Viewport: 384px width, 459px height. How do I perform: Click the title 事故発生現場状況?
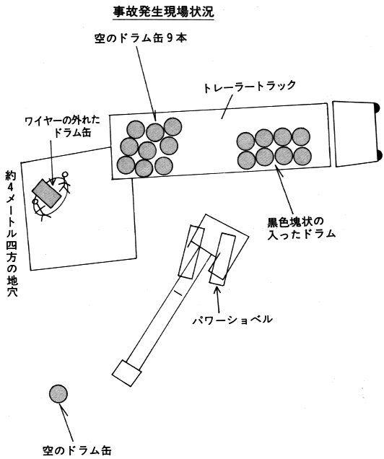click(x=164, y=12)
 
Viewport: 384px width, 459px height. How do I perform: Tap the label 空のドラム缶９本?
click(x=141, y=38)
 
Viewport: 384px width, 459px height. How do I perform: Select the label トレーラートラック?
click(x=250, y=87)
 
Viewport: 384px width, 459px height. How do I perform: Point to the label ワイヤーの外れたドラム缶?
click(x=63, y=126)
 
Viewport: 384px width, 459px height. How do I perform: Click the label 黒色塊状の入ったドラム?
click(x=301, y=228)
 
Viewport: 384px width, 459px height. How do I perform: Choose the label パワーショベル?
click(x=232, y=319)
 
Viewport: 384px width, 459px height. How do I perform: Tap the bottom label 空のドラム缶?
click(x=77, y=450)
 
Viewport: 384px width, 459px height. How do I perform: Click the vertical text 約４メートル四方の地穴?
click(x=12, y=234)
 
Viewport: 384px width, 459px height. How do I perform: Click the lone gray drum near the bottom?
click(x=58, y=394)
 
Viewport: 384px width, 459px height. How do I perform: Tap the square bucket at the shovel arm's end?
click(x=127, y=373)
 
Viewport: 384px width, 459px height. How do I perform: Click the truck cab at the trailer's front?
click(x=355, y=134)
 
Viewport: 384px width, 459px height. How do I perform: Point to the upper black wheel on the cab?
click(x=378, y=108)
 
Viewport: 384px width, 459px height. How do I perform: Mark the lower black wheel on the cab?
click(x=380, y=155)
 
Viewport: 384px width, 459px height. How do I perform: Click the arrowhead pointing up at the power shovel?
click(x=217, y=289)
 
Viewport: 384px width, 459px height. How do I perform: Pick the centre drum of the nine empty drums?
click(x=147, y=151)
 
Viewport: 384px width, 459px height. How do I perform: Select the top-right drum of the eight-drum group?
click(x=301, y=136)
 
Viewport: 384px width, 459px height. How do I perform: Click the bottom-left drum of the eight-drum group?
click(x=246, y=160)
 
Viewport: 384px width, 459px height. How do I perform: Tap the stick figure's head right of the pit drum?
click(x=65, y=175)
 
